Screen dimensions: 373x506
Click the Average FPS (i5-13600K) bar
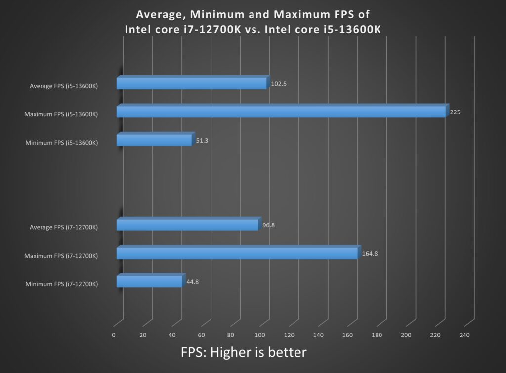[x=192, y=83]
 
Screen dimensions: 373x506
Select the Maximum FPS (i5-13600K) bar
[x=281, y=112]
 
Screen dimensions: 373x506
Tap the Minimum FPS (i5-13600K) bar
[x=154, y=140]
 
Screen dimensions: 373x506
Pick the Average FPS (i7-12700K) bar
[x=187, y=224]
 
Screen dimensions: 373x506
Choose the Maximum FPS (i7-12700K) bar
[x=237, y=253]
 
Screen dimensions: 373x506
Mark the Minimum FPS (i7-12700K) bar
[x=149, y=281]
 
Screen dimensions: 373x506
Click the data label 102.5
[x=279, y=84]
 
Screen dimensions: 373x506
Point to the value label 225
[x=455, y=112]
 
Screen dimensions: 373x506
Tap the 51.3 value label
[x=202, y=141]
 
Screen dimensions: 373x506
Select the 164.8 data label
[x=370, y=254]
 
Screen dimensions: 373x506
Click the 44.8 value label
[x=192, y=282]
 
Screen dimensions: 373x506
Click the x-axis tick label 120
[x=289, y=336]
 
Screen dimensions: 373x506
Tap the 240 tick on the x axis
[x=464, y=336]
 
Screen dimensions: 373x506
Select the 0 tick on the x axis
[x=114, y=336]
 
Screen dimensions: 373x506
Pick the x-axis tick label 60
[x=202, y=336]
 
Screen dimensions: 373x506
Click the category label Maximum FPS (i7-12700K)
[x=61, y=256]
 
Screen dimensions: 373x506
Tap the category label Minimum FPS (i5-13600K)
[x=61, y=143]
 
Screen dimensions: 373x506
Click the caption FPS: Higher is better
[x=244, y=352]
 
